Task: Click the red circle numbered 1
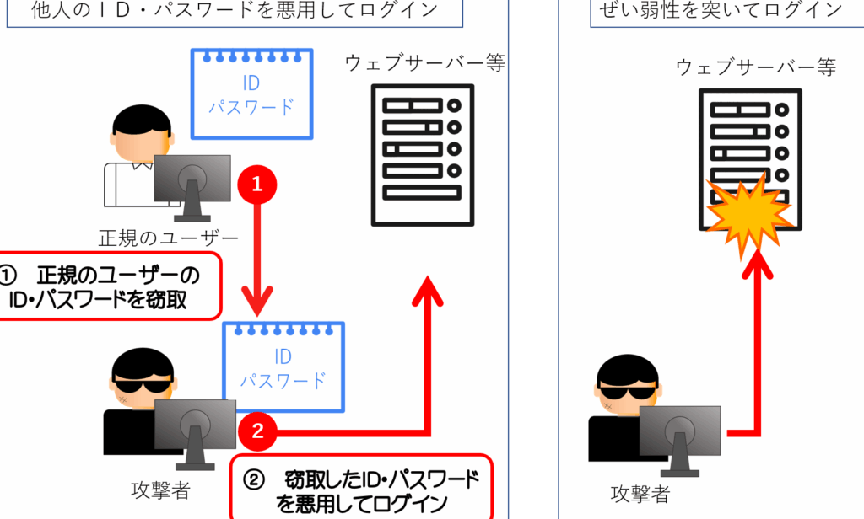256,185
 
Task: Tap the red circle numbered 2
257,431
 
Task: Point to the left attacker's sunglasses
143,383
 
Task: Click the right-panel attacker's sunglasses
628,391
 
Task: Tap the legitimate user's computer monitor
192,187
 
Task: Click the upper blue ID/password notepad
251,94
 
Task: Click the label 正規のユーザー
168,238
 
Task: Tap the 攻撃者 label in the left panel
160,490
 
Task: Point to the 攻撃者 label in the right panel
640,493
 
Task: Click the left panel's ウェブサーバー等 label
425,62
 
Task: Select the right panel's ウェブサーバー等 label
755,67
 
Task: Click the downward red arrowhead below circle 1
256,301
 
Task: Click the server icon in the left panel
423,155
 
